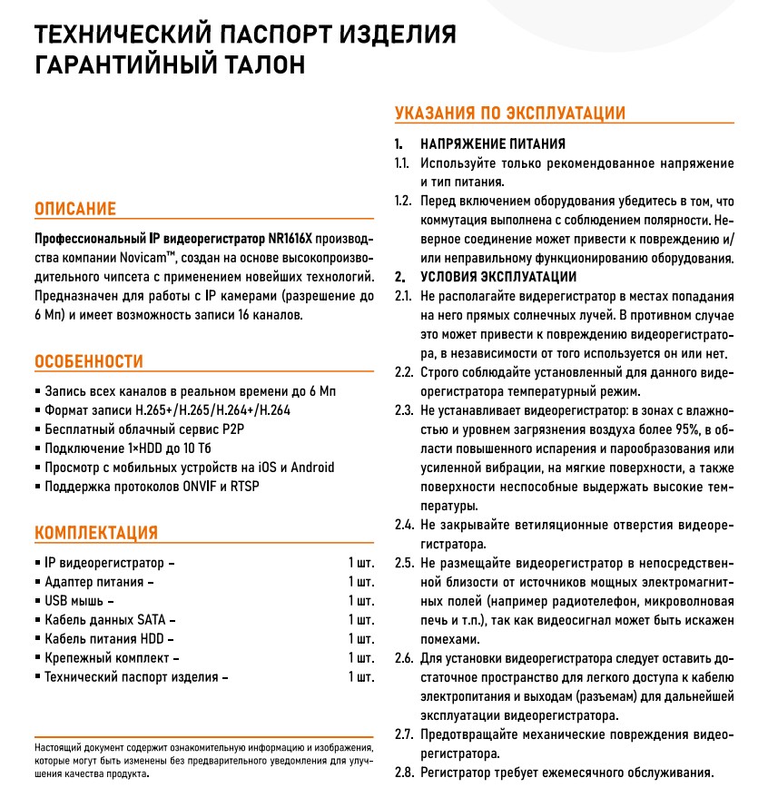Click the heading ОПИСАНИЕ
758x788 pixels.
click(x=75, y=210)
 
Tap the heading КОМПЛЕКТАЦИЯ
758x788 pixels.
click(x=96, y=532)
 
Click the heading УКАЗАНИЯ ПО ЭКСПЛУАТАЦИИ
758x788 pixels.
click(x=510, y=113)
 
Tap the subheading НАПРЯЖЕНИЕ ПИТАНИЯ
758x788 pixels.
click(x=492, y=144)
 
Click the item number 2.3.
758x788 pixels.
click(x=403, y=411)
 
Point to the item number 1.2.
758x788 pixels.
click(x=403, y=201)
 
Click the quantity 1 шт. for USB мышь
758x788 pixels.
click(x=361, y=601)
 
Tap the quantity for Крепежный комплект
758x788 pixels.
click(x=361, y=657)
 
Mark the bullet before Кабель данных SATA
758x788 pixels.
click(x=36, y=620)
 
